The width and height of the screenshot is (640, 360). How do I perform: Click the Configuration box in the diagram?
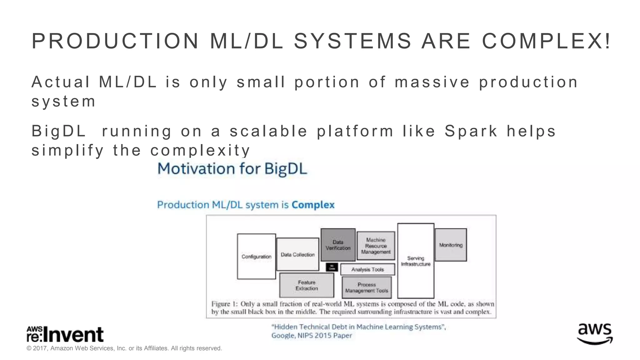pos(256,256)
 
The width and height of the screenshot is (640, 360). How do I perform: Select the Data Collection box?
pos(297,254)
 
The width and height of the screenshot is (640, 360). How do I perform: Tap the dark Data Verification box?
pos(338,245)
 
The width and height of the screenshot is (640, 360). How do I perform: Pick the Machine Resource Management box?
pos(376,246)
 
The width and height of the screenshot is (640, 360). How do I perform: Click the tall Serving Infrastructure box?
pos(416,261)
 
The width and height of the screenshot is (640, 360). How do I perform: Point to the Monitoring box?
pos(451,245)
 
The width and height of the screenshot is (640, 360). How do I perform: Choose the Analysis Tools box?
pos(367,269)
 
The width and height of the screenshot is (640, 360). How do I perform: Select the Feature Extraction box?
pos(307,285)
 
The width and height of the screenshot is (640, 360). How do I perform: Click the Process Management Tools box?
pos(367,287)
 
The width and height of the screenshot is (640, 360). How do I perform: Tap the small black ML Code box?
pos(332,267)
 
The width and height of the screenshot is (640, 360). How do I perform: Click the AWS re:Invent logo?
pos(65,334)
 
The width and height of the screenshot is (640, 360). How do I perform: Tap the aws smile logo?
pos(595,334)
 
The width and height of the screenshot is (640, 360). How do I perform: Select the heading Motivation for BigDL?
pos(232,169)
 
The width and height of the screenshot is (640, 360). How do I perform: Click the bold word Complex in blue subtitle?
pos(313,205)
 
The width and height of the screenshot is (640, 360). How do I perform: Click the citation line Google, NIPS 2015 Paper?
pos(311,336)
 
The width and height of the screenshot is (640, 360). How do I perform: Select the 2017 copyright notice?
pos(124,348)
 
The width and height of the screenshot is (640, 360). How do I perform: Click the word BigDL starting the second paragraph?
pos(58,131)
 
